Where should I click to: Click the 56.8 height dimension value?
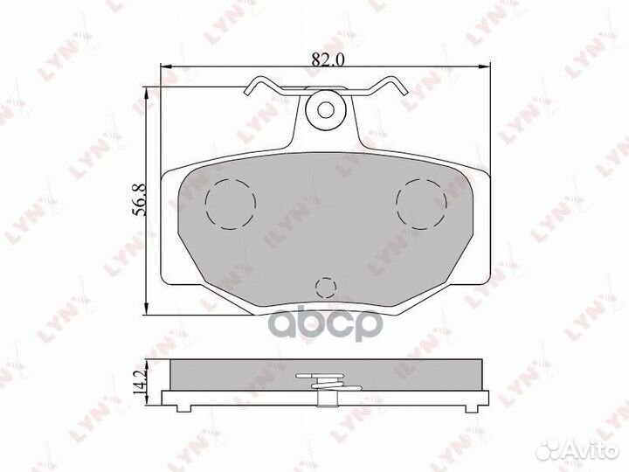[x=140, y=200]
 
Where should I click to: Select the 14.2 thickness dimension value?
[x=140, y=384]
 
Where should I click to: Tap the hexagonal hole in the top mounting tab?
[x=324, y=109]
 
